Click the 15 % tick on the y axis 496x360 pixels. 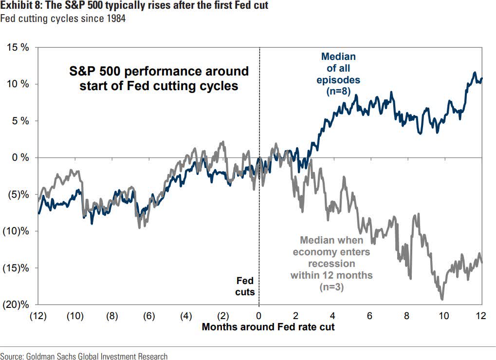(x=18, y=47)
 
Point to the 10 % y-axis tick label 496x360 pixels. (x=18, y=84)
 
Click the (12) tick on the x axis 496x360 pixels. (x=37, y=315)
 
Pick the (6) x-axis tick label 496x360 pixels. (x=148, y=315)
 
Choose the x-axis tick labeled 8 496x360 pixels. (x=407, y=315)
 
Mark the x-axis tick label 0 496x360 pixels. (x=259, y=315)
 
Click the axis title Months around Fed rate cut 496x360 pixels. (x=268, y=326)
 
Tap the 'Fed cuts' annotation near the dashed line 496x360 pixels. (x=245, y=286)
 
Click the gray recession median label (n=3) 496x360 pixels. (x=332, y=264)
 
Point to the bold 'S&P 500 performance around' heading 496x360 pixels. (x=158, y=72)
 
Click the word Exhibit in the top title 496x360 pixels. (x=14, y=6)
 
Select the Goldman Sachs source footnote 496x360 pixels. (x=84, y=356)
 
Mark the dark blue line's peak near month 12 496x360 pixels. (x=475, y=73)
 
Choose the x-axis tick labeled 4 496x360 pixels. (x=333, y=315)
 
